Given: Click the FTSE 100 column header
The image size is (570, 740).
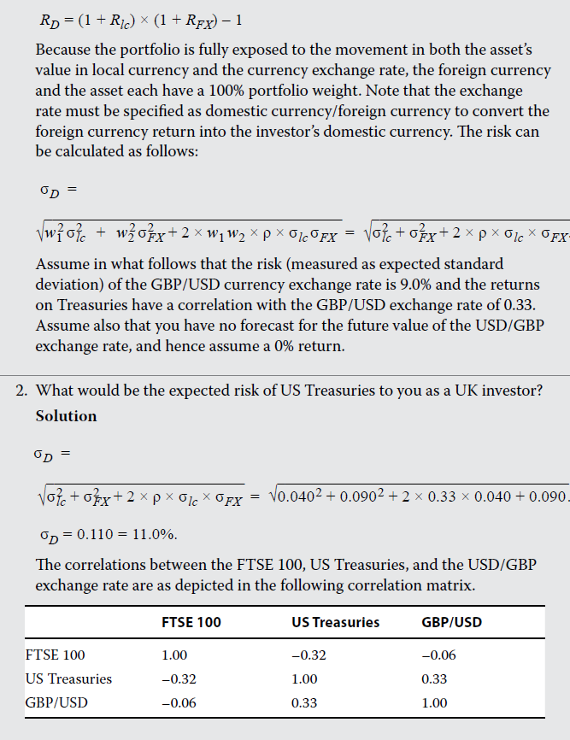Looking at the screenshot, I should (191, 622).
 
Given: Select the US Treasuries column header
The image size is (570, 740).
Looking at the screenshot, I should (335, 622).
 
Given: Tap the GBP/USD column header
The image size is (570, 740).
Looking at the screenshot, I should (451, 622).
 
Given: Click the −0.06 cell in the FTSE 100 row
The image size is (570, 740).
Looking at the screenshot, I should (438, 655).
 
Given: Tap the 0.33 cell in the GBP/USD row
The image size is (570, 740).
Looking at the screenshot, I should (303, 703).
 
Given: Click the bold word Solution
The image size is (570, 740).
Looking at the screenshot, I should (66, 416).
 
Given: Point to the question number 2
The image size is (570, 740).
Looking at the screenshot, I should (21, 391).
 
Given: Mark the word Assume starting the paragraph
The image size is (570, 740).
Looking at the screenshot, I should (62, 264).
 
